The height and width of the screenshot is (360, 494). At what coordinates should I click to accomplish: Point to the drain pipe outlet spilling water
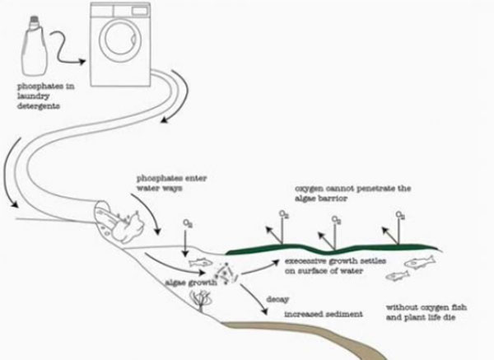tap(114, 219)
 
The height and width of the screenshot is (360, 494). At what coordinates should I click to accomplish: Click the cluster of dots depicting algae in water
tap(223, 272)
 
